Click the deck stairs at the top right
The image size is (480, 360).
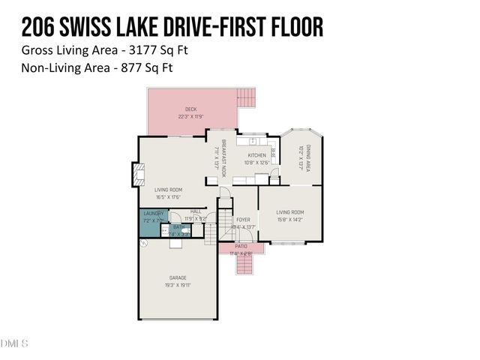(246, 97)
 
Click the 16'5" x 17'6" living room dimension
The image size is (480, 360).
(169, 197)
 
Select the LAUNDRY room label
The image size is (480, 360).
(153, 214)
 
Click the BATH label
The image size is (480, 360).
(178, 226)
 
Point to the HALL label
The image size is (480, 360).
(196, 211)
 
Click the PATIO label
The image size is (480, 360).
(241, 246)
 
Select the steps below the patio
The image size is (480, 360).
(243, 264)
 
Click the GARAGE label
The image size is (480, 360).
(178, 277)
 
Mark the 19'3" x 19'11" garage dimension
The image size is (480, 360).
(178, 285)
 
